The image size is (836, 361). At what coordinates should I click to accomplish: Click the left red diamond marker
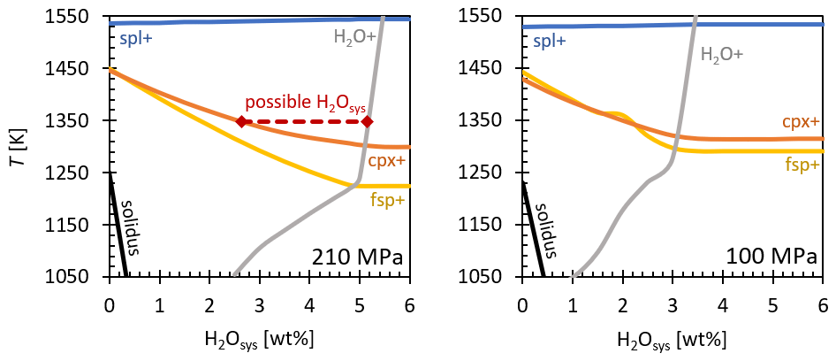[241, 121]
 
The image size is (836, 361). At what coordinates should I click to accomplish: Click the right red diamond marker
[367, 121]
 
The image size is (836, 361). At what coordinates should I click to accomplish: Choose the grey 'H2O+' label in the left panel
[354, 37]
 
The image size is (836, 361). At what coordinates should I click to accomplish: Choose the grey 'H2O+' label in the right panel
[721, 53]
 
